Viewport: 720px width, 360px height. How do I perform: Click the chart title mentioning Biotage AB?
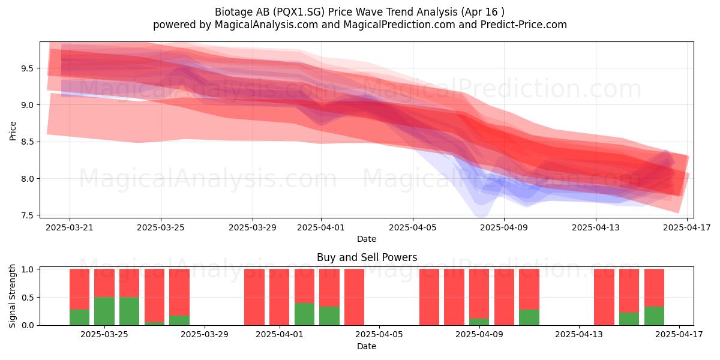point(359,12)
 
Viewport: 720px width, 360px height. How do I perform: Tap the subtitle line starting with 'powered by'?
point(359,25)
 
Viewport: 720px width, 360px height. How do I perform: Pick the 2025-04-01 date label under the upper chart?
point(321,227)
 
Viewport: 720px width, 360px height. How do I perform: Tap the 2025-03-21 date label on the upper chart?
point(70,227)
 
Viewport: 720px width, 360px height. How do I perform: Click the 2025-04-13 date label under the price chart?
point(596,227)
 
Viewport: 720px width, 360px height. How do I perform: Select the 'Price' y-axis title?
point(13,131)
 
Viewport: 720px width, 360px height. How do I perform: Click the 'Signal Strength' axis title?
point(12,296)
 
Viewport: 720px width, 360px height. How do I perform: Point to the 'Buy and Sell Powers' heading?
point(367,257)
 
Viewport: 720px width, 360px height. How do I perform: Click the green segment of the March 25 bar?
point(104,311)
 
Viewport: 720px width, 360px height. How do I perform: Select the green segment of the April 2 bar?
point(304,314)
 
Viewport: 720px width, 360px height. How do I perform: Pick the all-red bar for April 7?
point(430,297)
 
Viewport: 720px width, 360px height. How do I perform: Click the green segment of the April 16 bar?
point(655,316)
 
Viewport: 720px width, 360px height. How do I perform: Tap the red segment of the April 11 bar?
point(529,289)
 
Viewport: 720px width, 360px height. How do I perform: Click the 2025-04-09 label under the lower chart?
point(479,335)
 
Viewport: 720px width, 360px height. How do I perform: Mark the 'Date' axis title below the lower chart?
point(367,346)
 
